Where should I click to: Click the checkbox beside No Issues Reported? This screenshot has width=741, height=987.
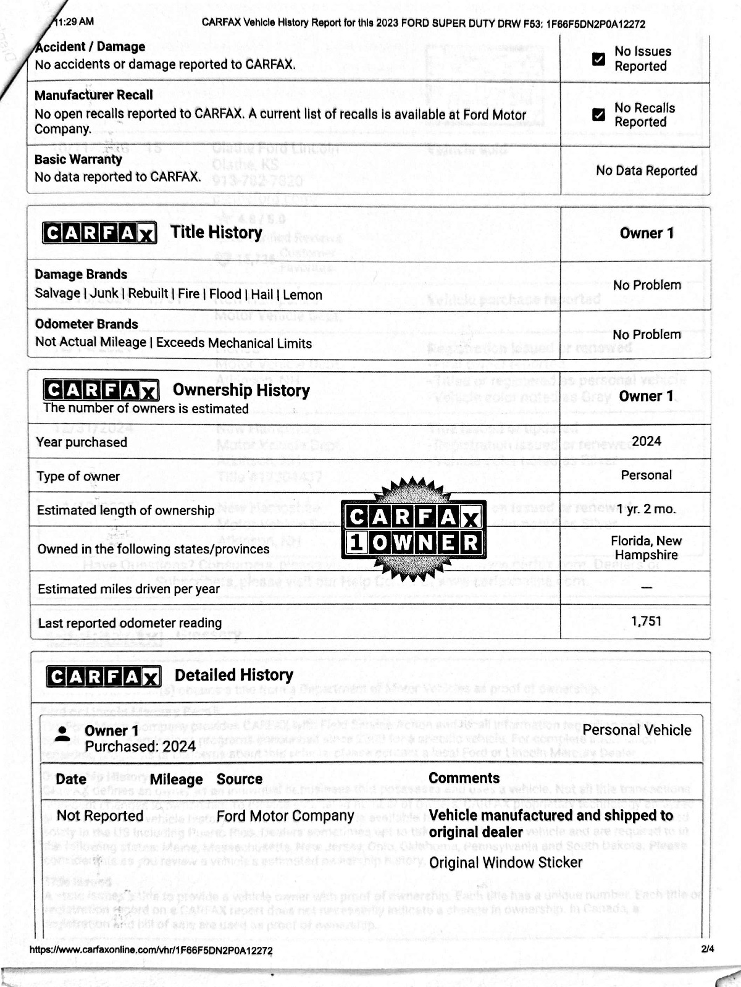[598, 59]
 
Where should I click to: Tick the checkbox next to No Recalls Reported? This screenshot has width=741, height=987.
[598, 115]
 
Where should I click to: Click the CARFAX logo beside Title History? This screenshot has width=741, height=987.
[99, 233]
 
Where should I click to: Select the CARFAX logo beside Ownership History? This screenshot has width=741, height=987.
[101, 390]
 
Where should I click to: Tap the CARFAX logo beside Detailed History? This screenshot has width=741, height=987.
[103, 676]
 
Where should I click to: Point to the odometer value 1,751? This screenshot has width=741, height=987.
[646, 621]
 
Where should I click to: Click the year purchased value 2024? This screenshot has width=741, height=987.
[646, 442]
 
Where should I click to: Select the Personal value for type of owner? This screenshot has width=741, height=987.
[646, 476]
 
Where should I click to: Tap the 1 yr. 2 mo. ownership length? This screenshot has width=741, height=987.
[646, 510]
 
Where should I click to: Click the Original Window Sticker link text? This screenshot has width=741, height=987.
[506, 863]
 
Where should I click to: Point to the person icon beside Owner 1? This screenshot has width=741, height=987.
[62, 734]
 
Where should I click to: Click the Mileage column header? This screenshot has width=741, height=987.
[176, 779]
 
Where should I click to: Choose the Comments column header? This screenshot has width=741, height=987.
[464, 778]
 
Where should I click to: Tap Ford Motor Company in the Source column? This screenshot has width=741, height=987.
[285, 816]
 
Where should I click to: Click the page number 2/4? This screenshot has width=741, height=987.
[708, 949]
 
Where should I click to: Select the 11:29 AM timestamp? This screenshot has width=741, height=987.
[73, 22]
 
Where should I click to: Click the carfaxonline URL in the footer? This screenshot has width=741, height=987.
[151, 951]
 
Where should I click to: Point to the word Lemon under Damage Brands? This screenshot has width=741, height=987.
[303, 295]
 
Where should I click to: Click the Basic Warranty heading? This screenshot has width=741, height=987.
[78, 159]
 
